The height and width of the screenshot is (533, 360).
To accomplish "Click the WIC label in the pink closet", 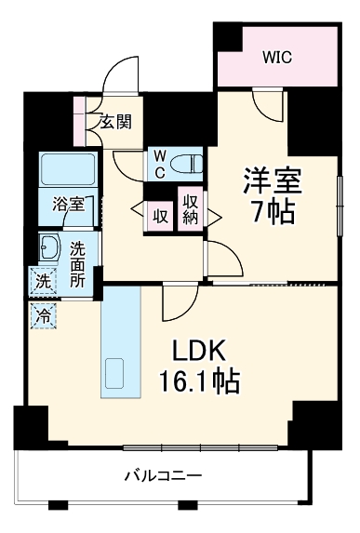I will coord(276,57).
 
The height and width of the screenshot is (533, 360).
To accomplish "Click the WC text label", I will coord(160,164).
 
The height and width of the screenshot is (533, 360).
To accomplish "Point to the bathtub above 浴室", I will coord(67,169).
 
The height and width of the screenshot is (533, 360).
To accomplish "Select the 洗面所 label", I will coord(77,263).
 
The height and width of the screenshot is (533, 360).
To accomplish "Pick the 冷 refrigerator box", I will coord(42,315).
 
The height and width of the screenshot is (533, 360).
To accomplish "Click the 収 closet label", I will coord(160,216).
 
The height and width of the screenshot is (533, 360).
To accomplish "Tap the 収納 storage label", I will coord(191,209).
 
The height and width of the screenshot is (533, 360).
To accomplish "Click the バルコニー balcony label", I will coord(164,476).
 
